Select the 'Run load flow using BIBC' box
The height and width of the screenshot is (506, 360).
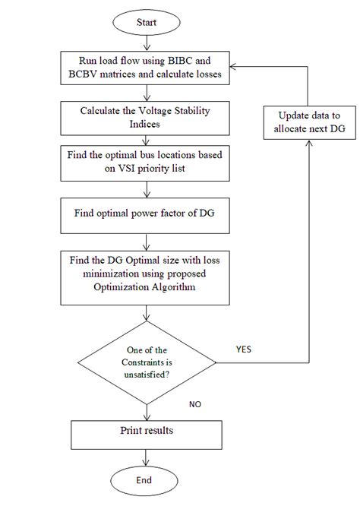145,67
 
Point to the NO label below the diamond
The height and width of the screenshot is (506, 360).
195,405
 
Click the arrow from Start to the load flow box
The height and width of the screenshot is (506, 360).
145,41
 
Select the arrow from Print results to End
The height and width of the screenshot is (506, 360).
145,455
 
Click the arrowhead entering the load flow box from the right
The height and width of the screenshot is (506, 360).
235,67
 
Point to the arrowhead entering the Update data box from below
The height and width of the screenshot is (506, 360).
308,145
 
